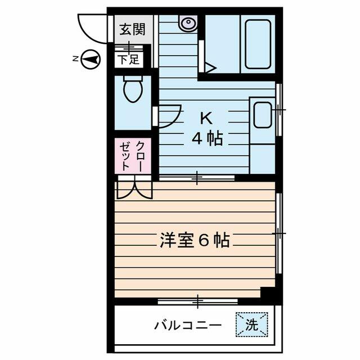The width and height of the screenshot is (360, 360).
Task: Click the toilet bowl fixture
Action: click(133, 89)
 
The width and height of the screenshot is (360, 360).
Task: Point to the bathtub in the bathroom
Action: click(258, 43)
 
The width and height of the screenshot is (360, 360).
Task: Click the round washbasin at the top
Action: click(187, 22)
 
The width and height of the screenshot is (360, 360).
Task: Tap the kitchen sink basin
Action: click(262, 116)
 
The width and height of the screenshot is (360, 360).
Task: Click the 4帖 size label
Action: click(206, 138)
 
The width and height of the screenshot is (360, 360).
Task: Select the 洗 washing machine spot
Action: click(251, 325)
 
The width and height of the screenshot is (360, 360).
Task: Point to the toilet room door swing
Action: click(169, 117)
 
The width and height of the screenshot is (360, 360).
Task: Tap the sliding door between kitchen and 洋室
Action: click(196, 178)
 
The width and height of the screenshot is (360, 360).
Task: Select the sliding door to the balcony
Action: click(197, 301)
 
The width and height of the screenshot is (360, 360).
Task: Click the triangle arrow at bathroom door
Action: click(210, 68)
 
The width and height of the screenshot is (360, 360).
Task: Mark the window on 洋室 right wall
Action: click(279, 232)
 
